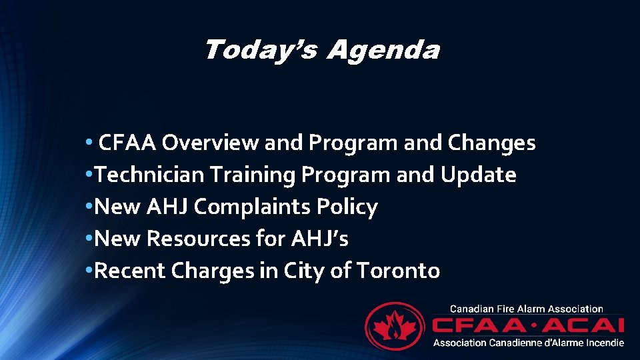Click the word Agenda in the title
(383, 51)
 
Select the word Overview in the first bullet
(211, 143)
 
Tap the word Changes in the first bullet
(492, 143)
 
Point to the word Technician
(150, 175)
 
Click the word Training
(253, 175)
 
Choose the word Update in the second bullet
(478, 175)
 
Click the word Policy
(349, 207)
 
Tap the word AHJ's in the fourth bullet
(320, 239)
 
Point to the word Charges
(224, 271)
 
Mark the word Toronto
(398, 271)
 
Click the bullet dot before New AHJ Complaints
(90, 207)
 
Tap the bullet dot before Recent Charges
(90, 271)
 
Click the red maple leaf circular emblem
(395, 327)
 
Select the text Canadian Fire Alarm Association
(527, 309)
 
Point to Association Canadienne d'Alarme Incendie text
(529, 342)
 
